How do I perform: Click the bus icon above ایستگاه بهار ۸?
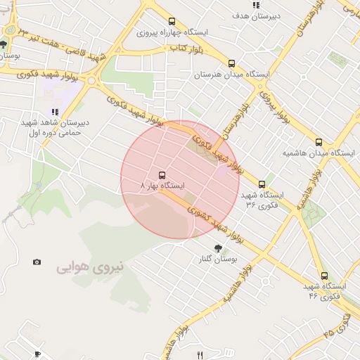point(162,174)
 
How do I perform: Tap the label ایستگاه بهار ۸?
point(162,186)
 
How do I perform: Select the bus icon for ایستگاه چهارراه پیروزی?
point(172,21)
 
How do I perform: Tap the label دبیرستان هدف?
point(259,15)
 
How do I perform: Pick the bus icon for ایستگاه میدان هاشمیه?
point(319,141)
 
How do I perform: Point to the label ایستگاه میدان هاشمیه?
point(309,153)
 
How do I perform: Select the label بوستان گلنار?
point(217,259)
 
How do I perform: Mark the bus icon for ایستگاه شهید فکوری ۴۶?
point(324,276)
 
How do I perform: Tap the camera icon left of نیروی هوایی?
point(37,262)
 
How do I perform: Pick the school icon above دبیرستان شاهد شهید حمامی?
point(53,112)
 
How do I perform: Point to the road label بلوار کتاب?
point(186,48)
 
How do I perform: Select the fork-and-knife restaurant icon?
point(199,354)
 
